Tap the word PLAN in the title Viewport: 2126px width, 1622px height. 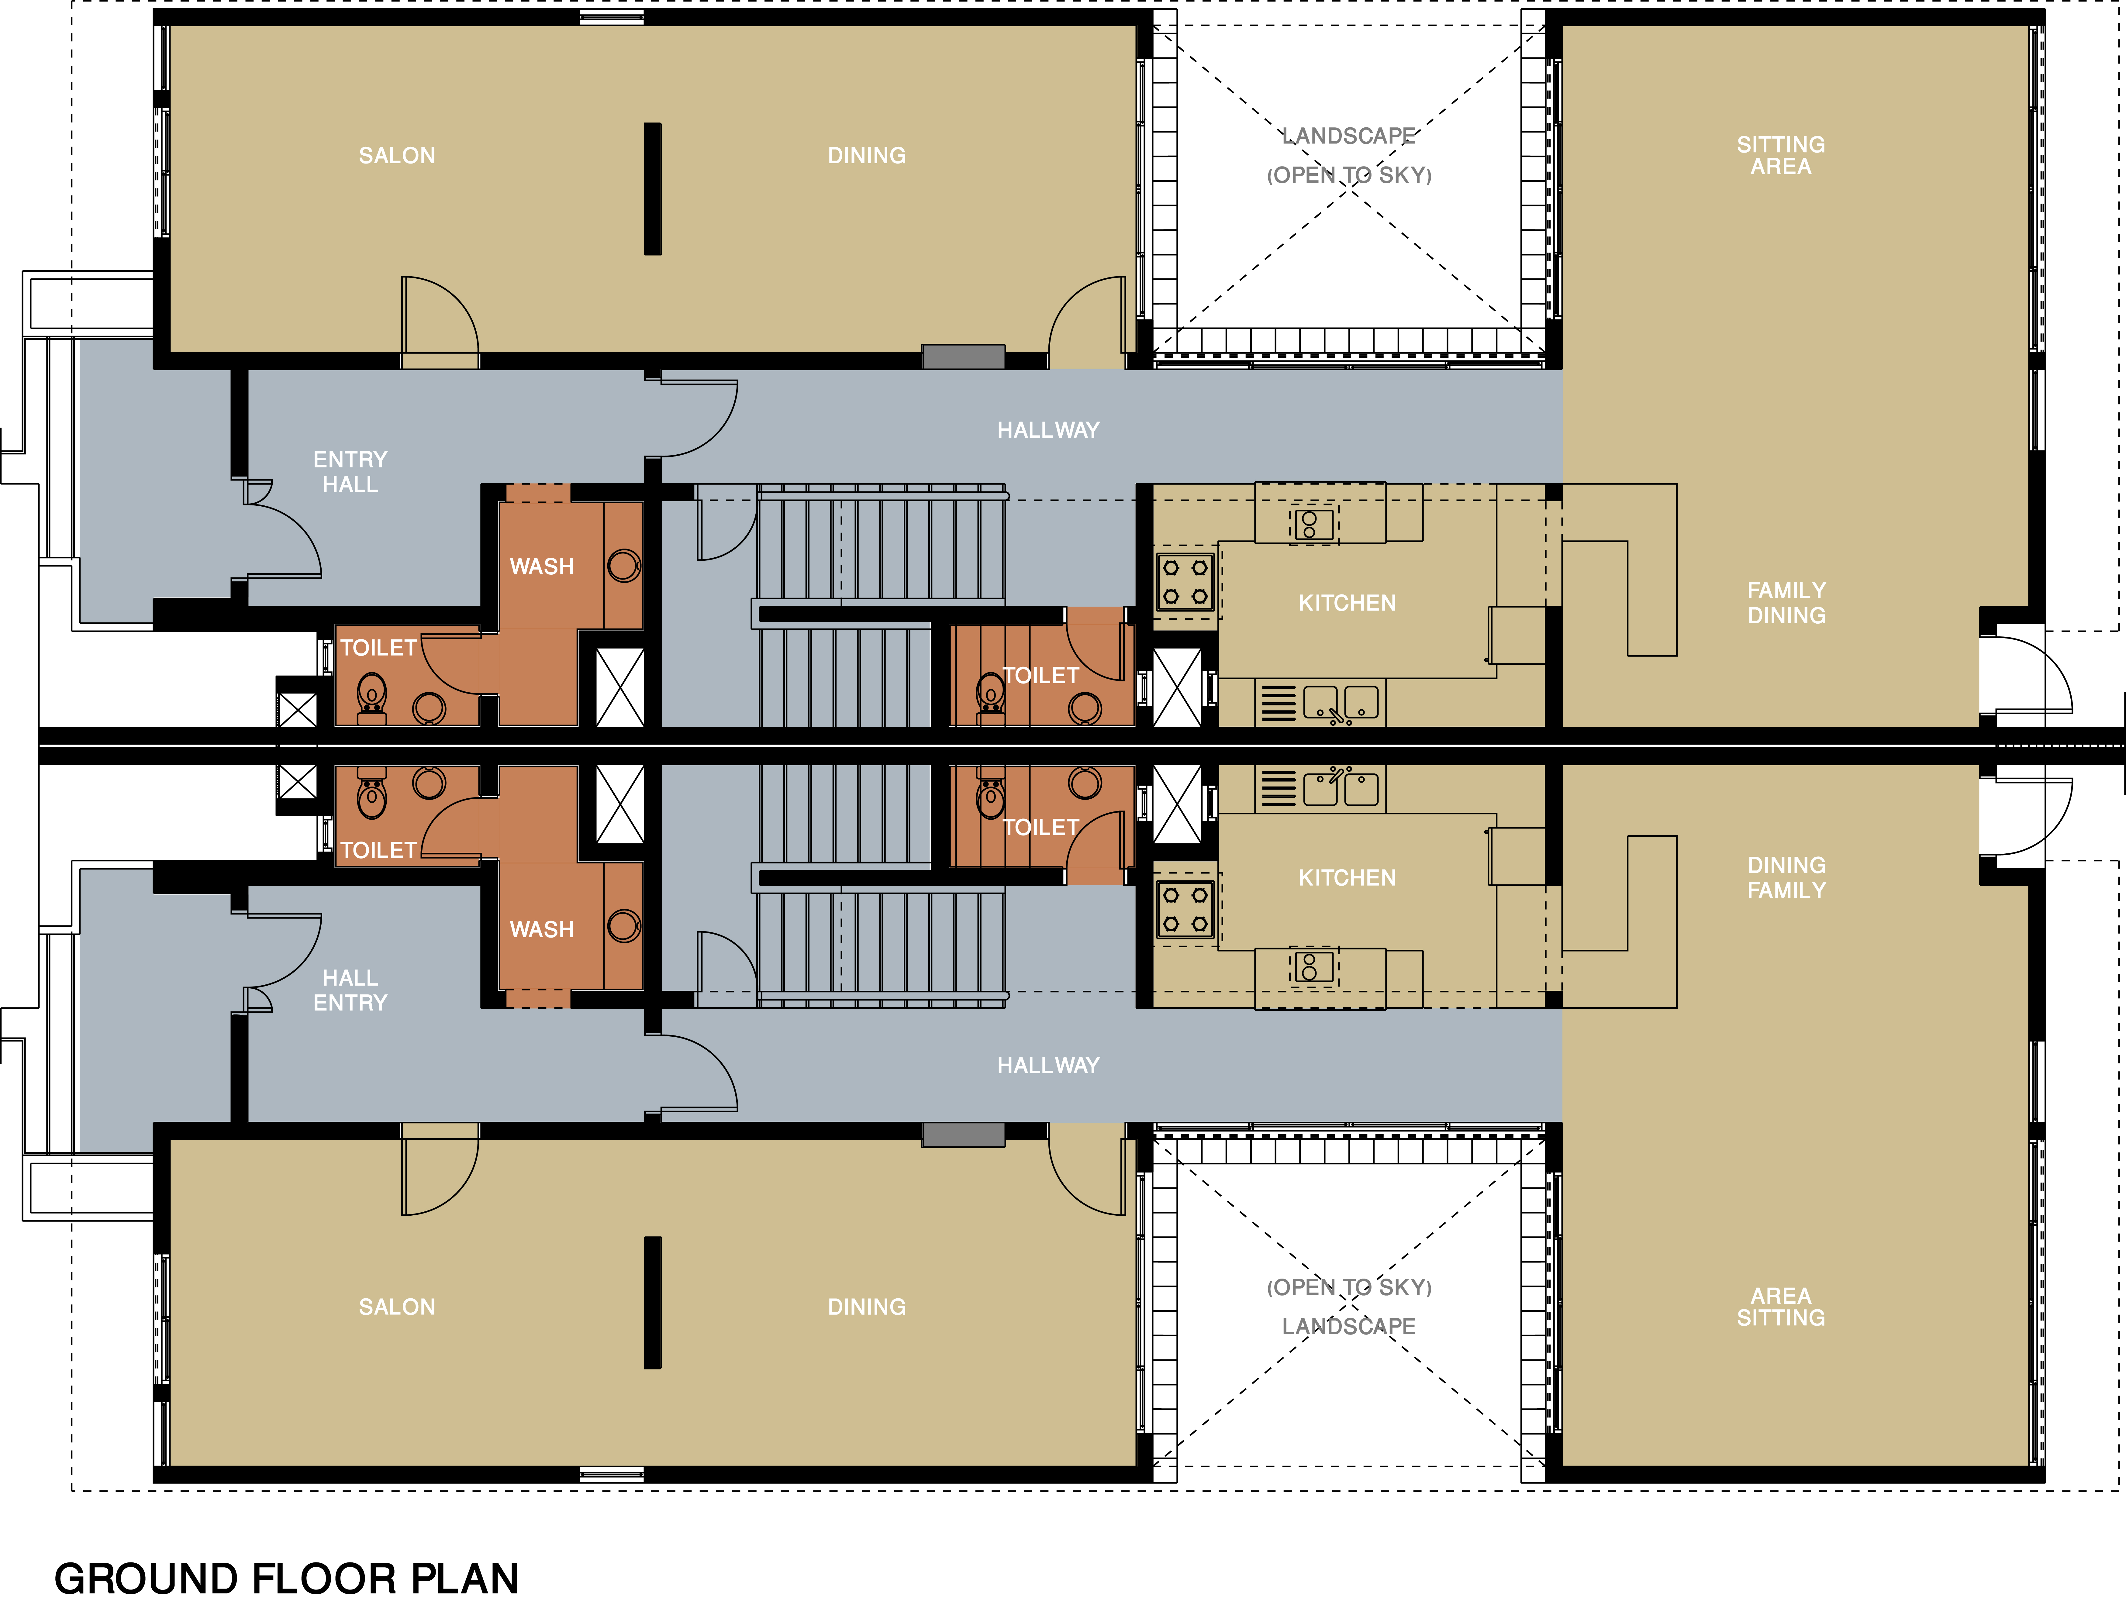465,1579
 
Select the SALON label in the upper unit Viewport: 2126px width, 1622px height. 397,155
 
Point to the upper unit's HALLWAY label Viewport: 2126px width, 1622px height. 1048,430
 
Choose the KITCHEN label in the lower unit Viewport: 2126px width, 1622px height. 1347,878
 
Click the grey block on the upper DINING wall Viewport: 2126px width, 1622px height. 964,356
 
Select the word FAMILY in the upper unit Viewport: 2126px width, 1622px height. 1786,590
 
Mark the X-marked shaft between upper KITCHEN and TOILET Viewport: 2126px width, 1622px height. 1177,687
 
